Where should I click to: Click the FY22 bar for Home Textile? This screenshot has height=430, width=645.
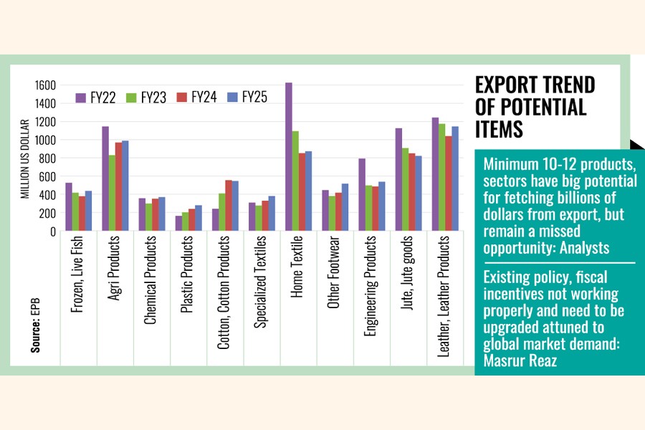289,157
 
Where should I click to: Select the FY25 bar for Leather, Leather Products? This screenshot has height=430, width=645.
454,179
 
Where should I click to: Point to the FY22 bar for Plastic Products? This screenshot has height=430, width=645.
178,223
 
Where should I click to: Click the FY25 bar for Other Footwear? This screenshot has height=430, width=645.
345,207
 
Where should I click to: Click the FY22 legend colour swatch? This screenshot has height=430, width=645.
81,97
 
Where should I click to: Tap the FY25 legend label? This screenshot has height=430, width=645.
254,97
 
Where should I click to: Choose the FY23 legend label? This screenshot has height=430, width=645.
153,97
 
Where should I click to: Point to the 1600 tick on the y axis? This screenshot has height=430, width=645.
44,85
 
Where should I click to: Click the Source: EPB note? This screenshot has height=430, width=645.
34,332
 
